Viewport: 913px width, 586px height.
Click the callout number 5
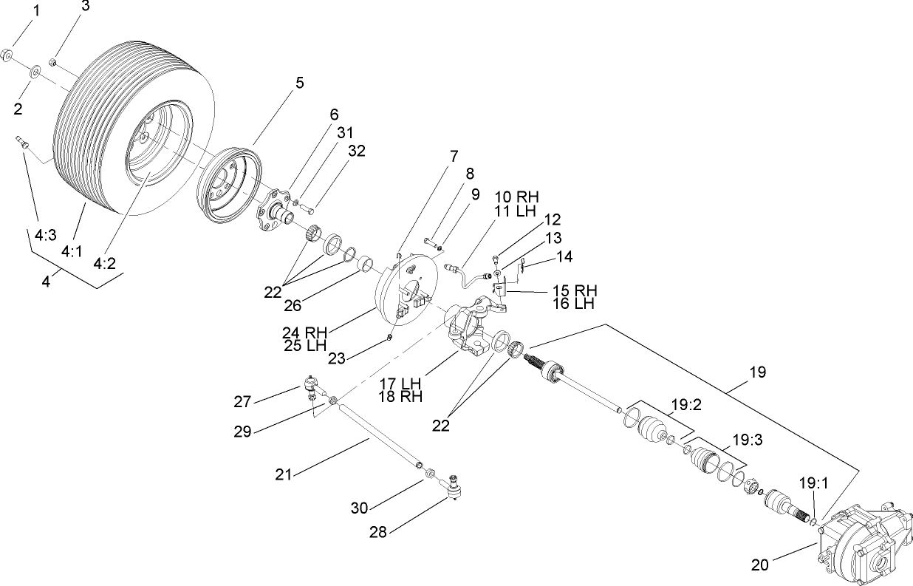[x=299, y=83]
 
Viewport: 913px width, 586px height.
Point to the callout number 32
[x=357, y=151]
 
